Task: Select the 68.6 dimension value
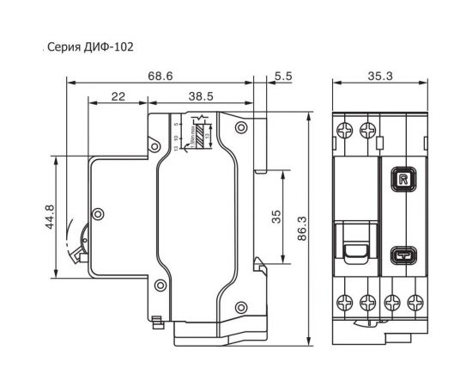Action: point(160,77)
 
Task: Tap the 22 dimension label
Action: point(118,98)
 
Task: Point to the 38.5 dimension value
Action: point(201,98)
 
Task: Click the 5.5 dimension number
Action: point(283,77)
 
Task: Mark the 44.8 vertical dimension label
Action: point(51,217)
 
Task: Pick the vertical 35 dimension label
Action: point(276,217)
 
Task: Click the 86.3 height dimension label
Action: point(301,229)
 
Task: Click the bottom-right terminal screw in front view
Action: point(416,302)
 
